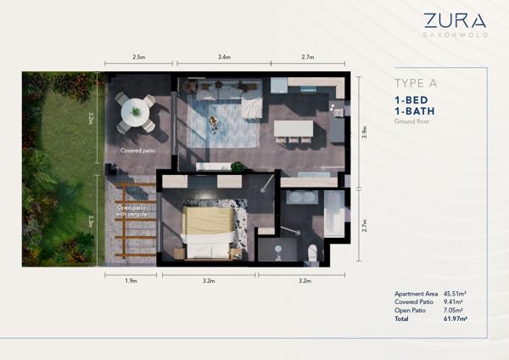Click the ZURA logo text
pyautogui.click(x=455, y=20)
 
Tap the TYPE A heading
pyautogui.click(x=416, y=83)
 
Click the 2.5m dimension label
pyautogui.click(x=138, y=57)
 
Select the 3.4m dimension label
pyautogui.click(x=224, y=57)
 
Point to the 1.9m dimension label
pyautogui.click(x=131, y=281)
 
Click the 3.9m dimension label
pyautogui.click(x=364, y=132)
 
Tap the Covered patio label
pyautogui.click(x=138, y=151)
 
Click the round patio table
pyautogui.click(x=136, y=113)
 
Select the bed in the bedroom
pyautogui.click(x=209, y=233)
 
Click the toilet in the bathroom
pyautogui.click(x=312, y=252)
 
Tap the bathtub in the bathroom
pyautogui.click(x=334, y=213)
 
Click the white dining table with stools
pyautogui.click(x=294, y=129)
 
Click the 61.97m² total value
pyautogui.click(x=455, y=318)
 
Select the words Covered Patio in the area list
pyautogui.click(x=414, y=302)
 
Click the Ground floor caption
pyautogui.click(x=411, y=121)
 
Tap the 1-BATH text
pyautogui.click(x=415, y=111)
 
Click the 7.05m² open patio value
pyautogui.click(x=453, y=310)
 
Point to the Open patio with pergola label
pyautogui.click(x=131, y=211)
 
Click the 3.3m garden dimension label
pyautogui.click(x=92, y=220)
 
